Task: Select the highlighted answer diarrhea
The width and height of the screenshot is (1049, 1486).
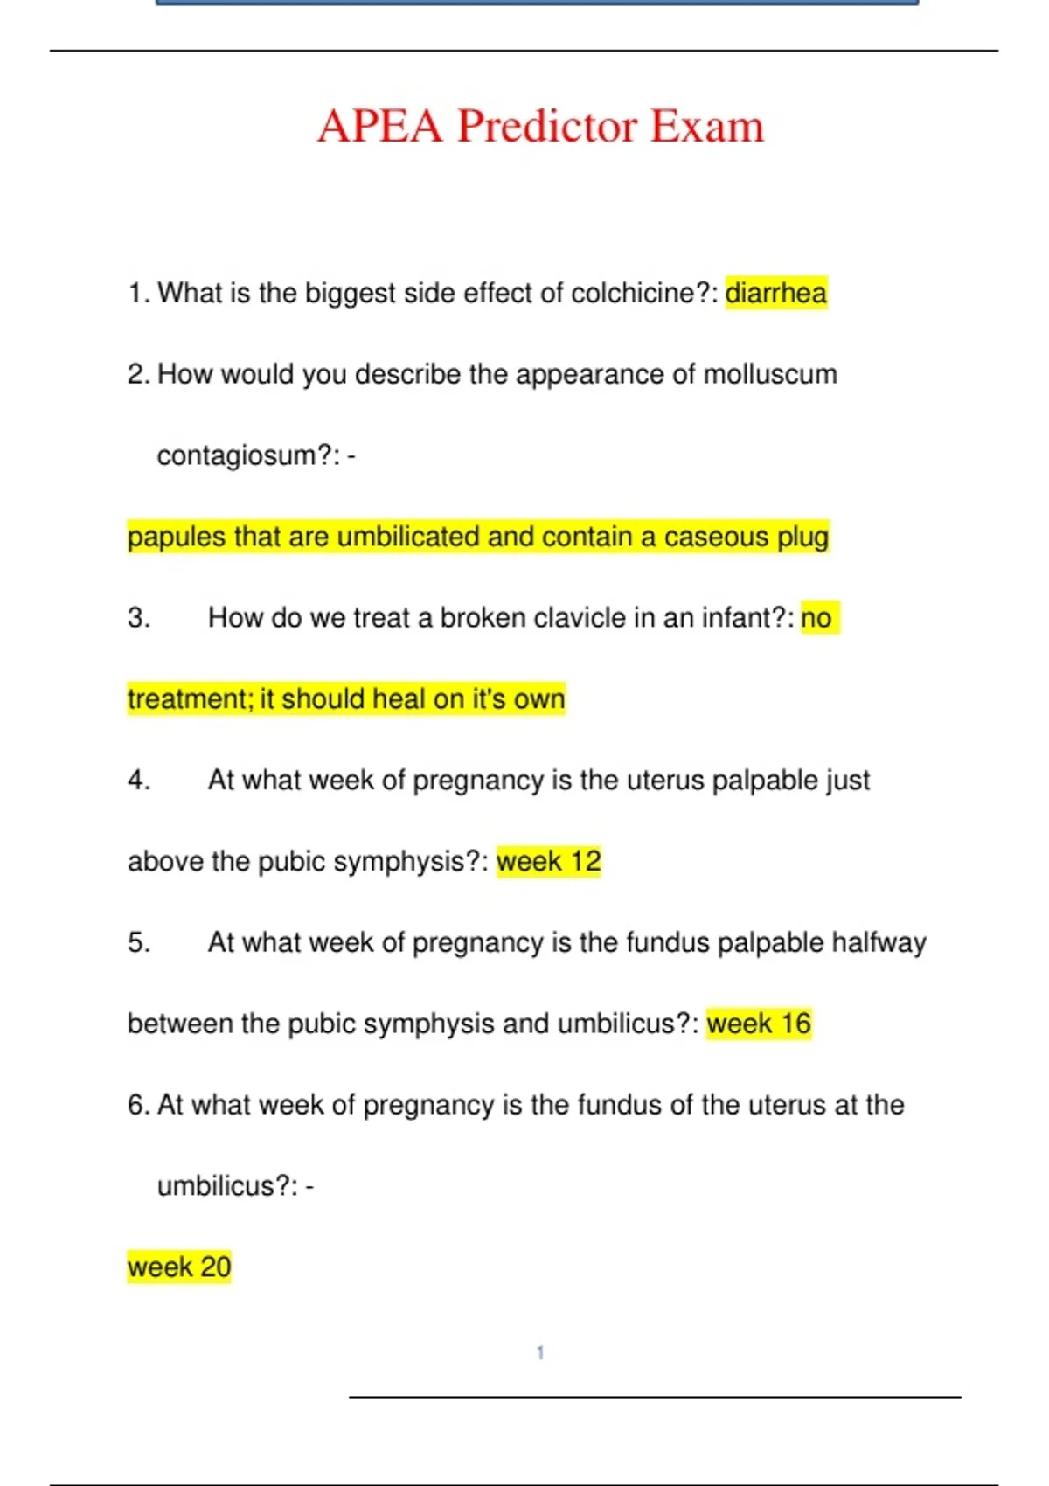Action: [775, 293]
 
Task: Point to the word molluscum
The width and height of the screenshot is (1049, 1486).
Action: [770, 374]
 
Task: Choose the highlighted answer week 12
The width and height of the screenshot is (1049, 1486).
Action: [549, 862]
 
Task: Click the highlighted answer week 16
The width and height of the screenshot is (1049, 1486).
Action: [759, 1024]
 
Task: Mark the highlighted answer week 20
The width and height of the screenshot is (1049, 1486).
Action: [179, 1267]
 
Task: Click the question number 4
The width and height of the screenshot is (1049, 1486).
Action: [138, 780]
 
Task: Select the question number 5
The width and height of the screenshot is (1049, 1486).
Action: [138, 942]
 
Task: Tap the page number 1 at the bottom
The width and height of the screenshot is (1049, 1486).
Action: [540, 1353]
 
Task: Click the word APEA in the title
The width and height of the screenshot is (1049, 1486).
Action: [380, 126]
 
